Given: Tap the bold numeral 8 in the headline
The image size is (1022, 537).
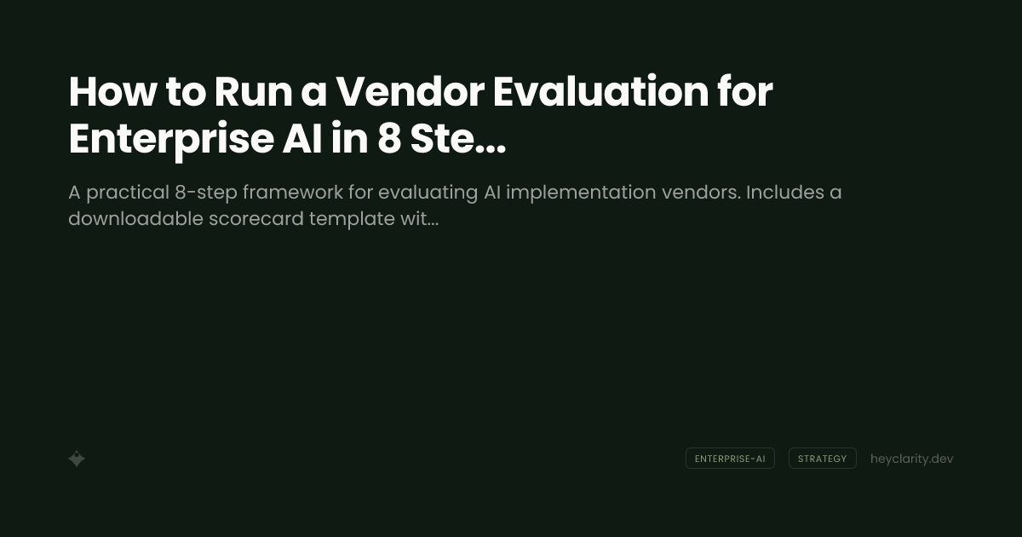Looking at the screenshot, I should point(388,140).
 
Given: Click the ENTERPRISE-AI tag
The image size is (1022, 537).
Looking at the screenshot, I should point(730,459).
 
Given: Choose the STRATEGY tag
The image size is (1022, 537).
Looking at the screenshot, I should point(822,459).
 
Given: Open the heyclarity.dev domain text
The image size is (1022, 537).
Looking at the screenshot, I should point(911,459).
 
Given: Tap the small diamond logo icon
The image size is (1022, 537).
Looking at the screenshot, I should point(77,459).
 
